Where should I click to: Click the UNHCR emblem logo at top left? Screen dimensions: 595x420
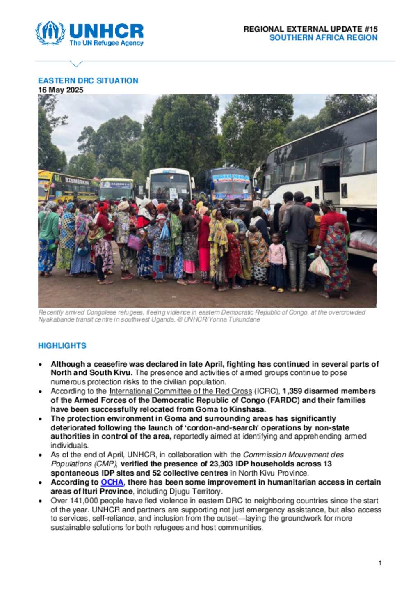pos(50,32)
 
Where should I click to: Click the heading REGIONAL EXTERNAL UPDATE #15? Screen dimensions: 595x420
pos(310,29)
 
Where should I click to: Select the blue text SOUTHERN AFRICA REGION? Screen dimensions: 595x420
pos(323,38)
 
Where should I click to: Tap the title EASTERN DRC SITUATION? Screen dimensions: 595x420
pos(88,80)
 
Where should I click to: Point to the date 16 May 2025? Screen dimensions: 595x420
pos(61,90)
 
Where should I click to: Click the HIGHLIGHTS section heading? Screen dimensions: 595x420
pos(62,346)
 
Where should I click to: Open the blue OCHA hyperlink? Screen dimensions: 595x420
pos(112,482)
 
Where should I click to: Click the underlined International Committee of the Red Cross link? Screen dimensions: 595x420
pos(180,391)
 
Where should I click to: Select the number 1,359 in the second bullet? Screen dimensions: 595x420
pos(293,391)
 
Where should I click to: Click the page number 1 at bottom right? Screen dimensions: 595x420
pos(380,563)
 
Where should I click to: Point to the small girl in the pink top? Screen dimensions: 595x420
pos(277,261)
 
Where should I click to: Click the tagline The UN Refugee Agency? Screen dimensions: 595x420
pos(106,43)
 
